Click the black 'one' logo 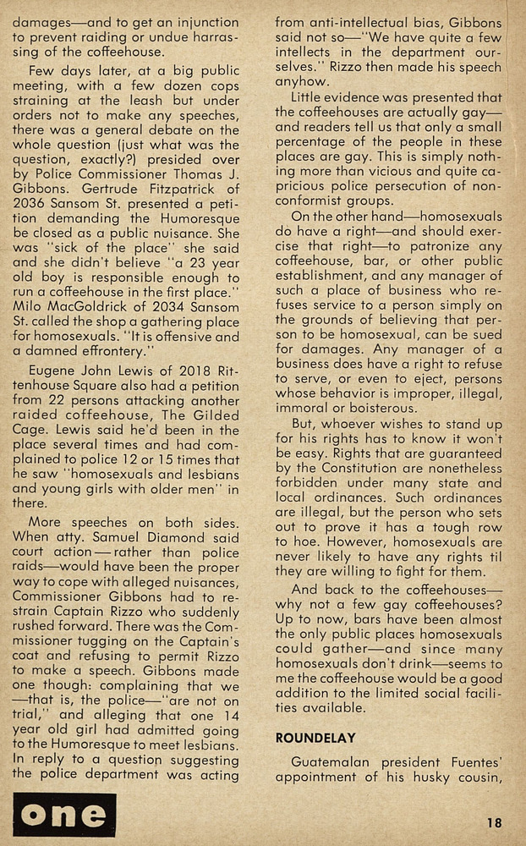pyautogui.click(x=64, y=815)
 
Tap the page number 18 pyautogui.click(x=496, y=821)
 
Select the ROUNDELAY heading pyautogui.click(x=315, y=738)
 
